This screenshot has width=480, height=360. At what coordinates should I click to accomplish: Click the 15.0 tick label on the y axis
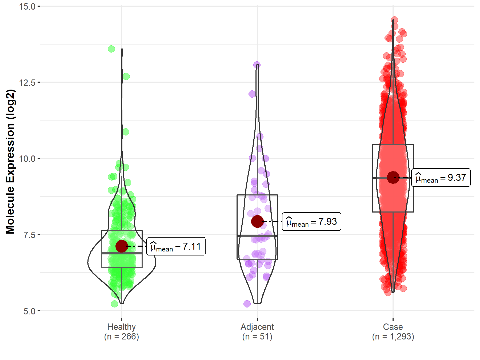click(x=27, y=6)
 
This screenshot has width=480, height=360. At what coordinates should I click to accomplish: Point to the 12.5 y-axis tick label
click(x=27, y=82)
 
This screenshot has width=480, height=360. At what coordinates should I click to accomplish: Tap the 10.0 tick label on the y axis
click(x=27, y=159)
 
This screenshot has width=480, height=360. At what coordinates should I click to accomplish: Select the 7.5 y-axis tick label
click(x=29, y=235)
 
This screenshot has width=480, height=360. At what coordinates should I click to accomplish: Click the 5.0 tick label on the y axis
click(x=29, y=311)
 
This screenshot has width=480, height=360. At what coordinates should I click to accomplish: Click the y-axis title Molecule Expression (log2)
click(x=10, y=162)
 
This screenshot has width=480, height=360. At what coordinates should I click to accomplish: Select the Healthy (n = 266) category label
click(x=122, y=331)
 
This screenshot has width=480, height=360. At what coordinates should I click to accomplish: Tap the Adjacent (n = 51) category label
click(x=257, y=331)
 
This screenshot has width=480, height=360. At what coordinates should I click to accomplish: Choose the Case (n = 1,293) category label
click(x=393, y=331)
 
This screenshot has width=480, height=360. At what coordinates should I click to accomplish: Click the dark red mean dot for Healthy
click(x=122, y=246)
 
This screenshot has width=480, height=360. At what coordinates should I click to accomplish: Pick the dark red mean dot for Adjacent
click(x=257, y=221)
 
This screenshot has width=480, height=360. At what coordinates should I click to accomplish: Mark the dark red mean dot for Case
click(x=393, y=177)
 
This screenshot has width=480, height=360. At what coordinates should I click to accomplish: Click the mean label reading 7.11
click(x=176, y=246)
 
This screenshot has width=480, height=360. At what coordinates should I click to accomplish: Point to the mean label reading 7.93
click(x=311, y=222)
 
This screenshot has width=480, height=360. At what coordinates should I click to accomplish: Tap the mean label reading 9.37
click(x=441, y=178)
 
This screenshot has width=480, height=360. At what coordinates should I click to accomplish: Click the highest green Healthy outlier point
click(x=111, y=49)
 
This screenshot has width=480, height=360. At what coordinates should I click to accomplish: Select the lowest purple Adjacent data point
click(x=247, y=304)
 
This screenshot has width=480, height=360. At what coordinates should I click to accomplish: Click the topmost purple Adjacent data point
click(x=257, y=65)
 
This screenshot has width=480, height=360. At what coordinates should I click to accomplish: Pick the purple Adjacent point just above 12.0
click(x=252, y=94)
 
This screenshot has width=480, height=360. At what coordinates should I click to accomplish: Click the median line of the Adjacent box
click(x=257, y=236)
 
